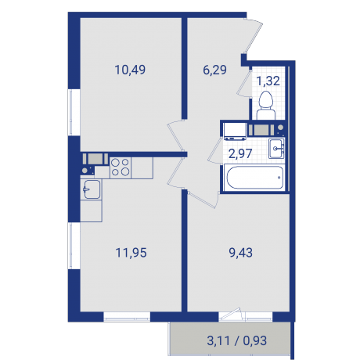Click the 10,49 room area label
point(129,69)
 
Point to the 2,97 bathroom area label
point(239,153)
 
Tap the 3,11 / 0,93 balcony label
point(230,340)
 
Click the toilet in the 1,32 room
point(265,101)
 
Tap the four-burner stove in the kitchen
point(120,165)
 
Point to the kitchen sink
point(92,189)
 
